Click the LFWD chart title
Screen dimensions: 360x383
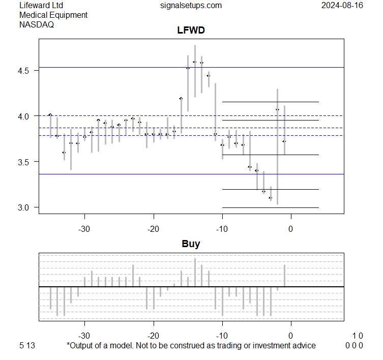191,31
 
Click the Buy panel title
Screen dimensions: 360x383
191,244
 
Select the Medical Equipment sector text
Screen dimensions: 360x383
53,15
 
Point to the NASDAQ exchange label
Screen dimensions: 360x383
37,24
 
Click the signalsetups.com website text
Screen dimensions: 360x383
191,6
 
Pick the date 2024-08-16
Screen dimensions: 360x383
342,6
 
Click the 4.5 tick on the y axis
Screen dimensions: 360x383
26,70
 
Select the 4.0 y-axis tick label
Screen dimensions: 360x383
26,116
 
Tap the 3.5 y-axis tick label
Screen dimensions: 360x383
26,162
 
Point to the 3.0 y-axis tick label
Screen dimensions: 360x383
26,207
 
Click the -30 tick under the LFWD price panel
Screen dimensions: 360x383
84,229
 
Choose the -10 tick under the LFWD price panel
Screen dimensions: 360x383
222,229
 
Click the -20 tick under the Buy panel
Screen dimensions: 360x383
154,336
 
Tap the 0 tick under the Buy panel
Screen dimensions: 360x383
291,336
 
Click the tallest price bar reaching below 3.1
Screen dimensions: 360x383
277,147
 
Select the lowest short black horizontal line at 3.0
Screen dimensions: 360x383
270,207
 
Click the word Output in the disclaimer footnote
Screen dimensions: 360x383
82,346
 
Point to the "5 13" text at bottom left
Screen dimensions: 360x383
27,346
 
